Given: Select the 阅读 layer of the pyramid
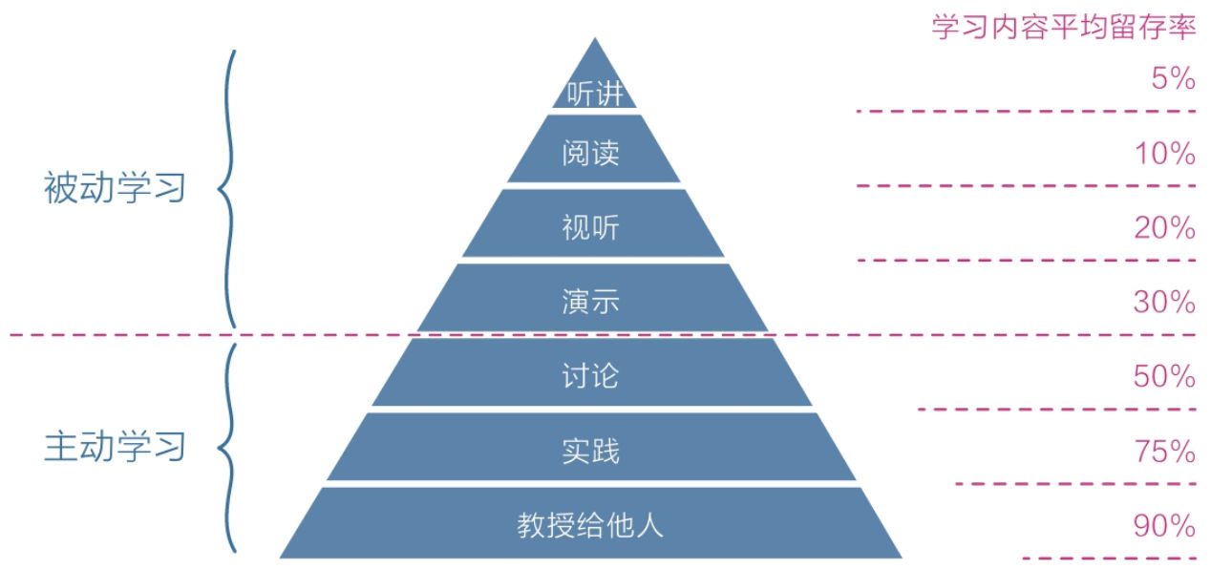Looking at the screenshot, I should pos(592,153).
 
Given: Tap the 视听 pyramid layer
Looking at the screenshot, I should pos(592,227).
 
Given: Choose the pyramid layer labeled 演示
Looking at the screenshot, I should pos(592,301).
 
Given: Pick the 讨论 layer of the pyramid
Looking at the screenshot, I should pos(592,375).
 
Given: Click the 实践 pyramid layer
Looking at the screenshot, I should pos(592,450).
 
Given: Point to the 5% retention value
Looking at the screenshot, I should pos(1173,79).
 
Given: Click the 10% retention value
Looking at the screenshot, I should pos(1165,154).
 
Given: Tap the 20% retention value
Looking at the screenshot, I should pos(1165,228).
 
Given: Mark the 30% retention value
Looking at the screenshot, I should pos(1165,303).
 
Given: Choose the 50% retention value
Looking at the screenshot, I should pos(1165,377).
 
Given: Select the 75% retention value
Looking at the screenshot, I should pos(1165,452).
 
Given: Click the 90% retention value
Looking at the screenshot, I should pos(1165,526).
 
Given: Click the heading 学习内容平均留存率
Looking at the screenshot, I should pos(1064,27).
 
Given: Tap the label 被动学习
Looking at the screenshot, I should pos(115,188).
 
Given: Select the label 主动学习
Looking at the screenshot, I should pos(115,447).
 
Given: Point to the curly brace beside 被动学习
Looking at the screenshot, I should pos(227,188).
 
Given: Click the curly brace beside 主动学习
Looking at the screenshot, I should pos(227,447).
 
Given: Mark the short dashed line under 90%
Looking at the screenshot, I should pos(1109,558).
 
